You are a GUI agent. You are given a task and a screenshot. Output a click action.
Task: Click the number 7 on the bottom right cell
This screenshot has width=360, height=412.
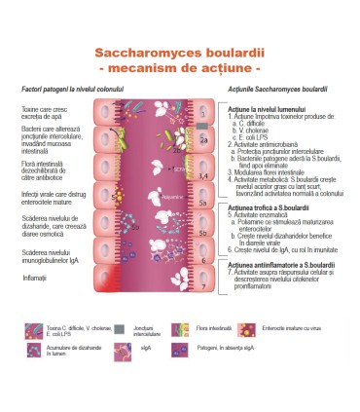coord(202,287)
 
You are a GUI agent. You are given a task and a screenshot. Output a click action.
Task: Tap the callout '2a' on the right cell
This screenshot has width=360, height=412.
coord(203,139)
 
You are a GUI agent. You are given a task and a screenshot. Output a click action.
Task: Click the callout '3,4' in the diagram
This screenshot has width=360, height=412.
coord(202,174)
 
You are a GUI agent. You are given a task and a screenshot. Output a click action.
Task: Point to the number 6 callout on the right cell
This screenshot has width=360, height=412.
coord(202,259)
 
